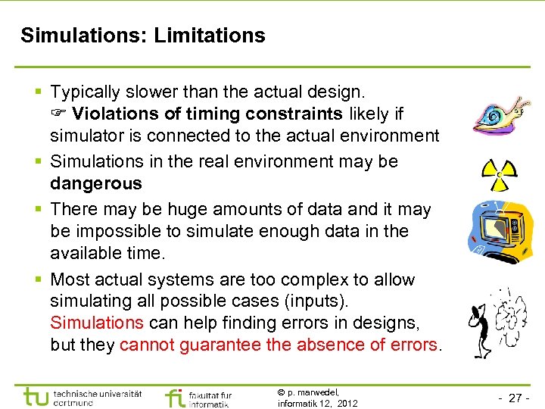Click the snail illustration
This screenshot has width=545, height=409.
click(x=499, y=116)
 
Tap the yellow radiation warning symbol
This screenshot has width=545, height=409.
click(x=499, y=175)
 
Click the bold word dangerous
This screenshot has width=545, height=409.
click(x=96, y=183)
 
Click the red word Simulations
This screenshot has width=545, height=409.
click(x=96, y=323)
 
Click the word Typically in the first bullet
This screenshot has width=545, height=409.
click(x=86, y=92)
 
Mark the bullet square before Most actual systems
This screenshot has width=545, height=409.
click(x=39, y=280)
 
